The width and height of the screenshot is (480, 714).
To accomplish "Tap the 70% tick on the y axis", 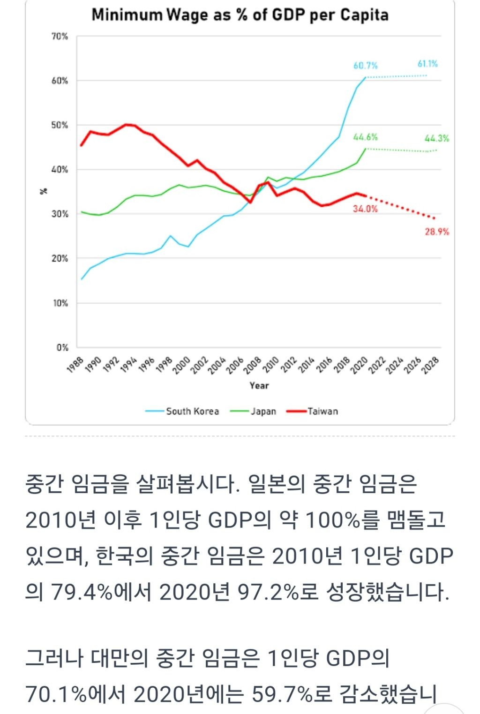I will pos(60,36).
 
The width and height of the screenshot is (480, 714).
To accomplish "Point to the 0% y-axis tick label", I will pos(62,347).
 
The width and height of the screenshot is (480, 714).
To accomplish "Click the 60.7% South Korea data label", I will pos(365,66).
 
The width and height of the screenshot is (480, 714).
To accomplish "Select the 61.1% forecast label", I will pos(427,64).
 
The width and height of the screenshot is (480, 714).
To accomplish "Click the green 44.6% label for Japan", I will pos(365,137).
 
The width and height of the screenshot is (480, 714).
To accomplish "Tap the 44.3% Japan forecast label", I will pos(436,138).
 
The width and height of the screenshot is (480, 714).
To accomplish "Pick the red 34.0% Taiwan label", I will pos(365,209).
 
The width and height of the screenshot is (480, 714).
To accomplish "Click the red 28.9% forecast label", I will pos(437,232).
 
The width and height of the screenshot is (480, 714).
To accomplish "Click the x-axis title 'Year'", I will pos(259,385).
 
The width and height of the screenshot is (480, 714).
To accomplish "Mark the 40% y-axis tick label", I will pos(60,169).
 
